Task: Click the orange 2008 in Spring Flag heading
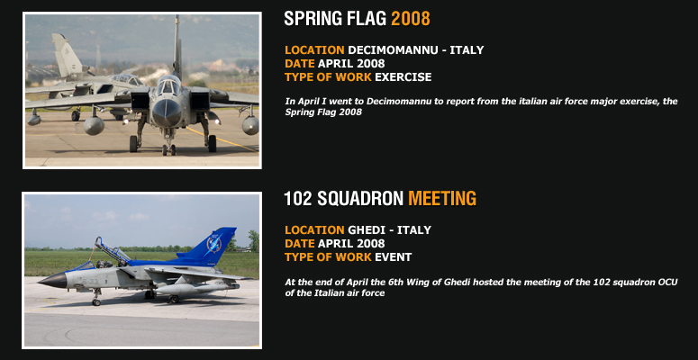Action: point(411,19)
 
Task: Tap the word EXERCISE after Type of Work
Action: point(403,77)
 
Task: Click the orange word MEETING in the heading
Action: point(442,199)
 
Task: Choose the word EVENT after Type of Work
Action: point(393,256)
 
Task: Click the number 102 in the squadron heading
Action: point(298,199)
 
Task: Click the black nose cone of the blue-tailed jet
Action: point(53,280)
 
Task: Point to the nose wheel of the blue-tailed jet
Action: point(95,301)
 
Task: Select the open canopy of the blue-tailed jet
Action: point(112,250)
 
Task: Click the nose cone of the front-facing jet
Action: point(166,112)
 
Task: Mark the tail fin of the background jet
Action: point(66,55)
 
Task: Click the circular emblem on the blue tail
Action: point(214,244)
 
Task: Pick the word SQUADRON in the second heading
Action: point(360,199)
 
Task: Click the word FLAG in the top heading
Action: point(367,19)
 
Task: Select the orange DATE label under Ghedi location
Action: point(300,243)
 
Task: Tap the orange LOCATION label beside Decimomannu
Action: point(314,49)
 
